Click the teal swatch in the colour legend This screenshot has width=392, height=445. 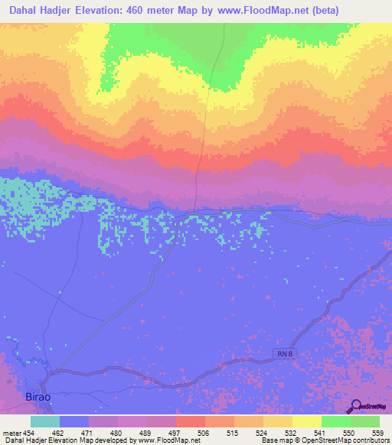click(x=45, y=421)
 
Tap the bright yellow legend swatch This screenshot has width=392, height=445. click(x=306, y=421)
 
